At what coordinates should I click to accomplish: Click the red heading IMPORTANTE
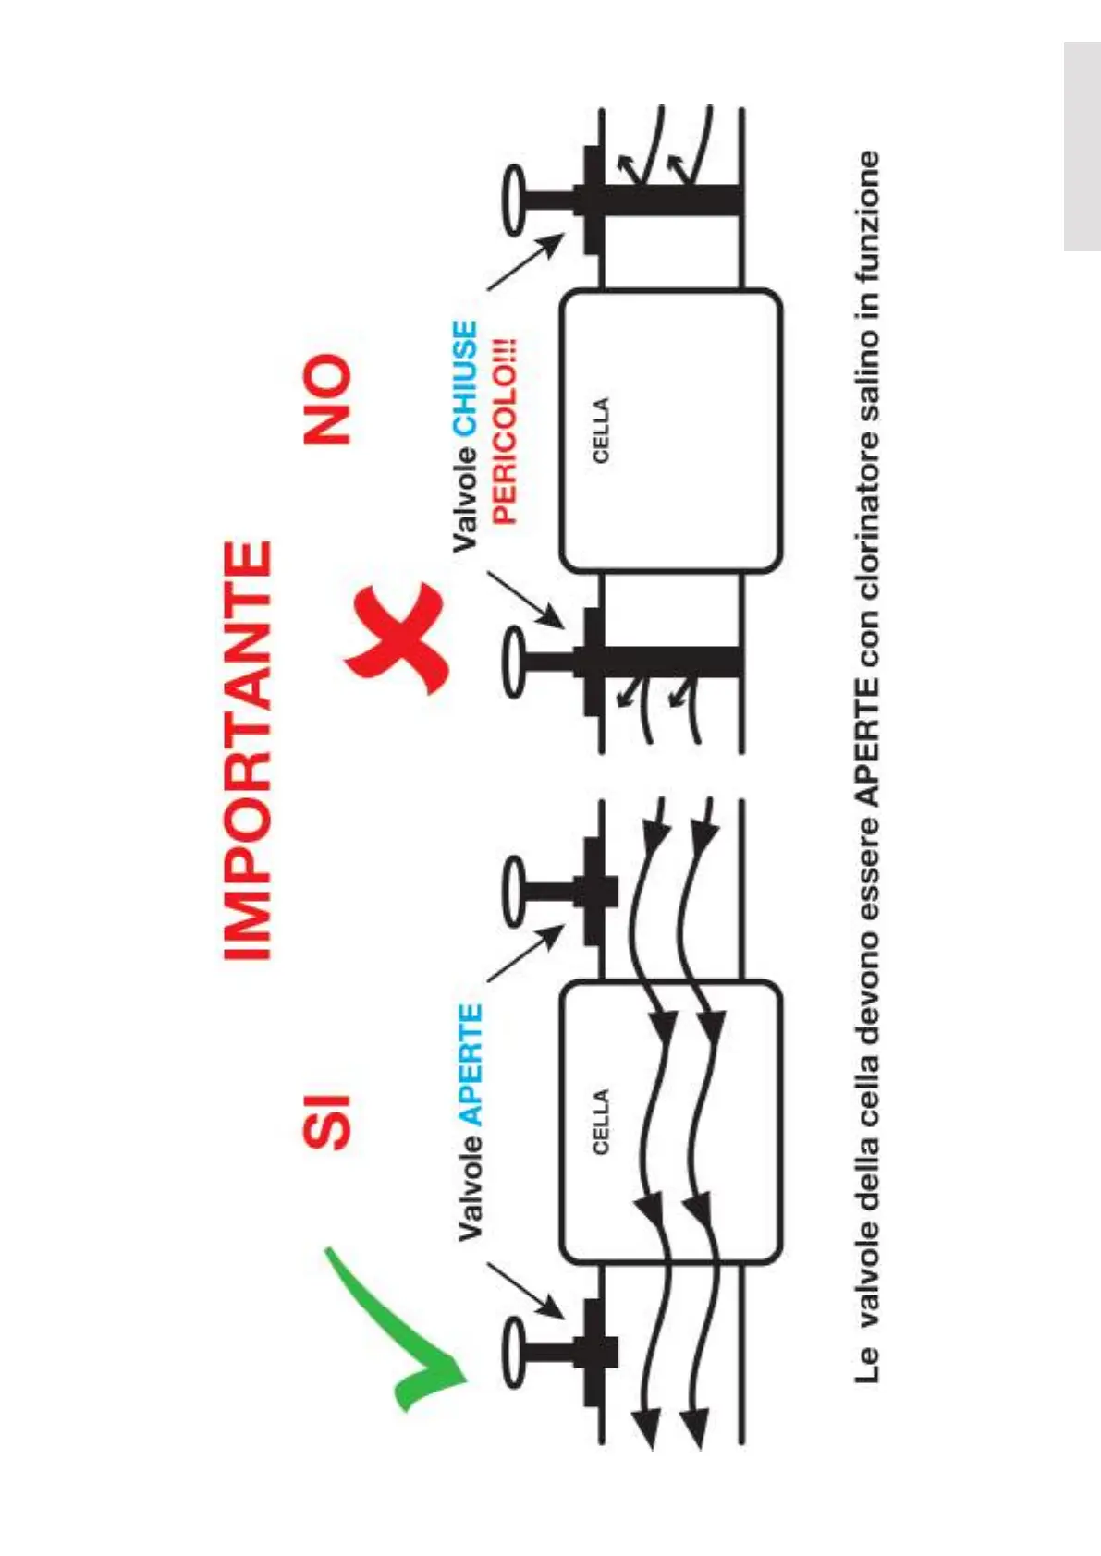249,750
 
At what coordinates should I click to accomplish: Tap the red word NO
328,399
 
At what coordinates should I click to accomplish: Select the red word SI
328,1122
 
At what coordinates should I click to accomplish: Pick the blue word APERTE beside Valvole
471,1064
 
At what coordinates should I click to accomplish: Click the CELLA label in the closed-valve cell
601,431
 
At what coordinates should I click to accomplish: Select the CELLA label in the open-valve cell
601,1122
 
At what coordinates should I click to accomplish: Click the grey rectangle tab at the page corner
1082,146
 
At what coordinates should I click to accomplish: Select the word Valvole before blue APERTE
471,1186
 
